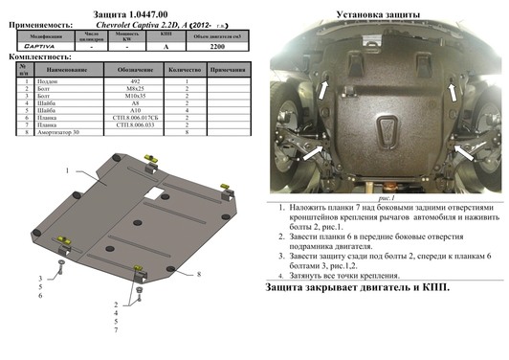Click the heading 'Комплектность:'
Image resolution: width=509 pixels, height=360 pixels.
(33, 56)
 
